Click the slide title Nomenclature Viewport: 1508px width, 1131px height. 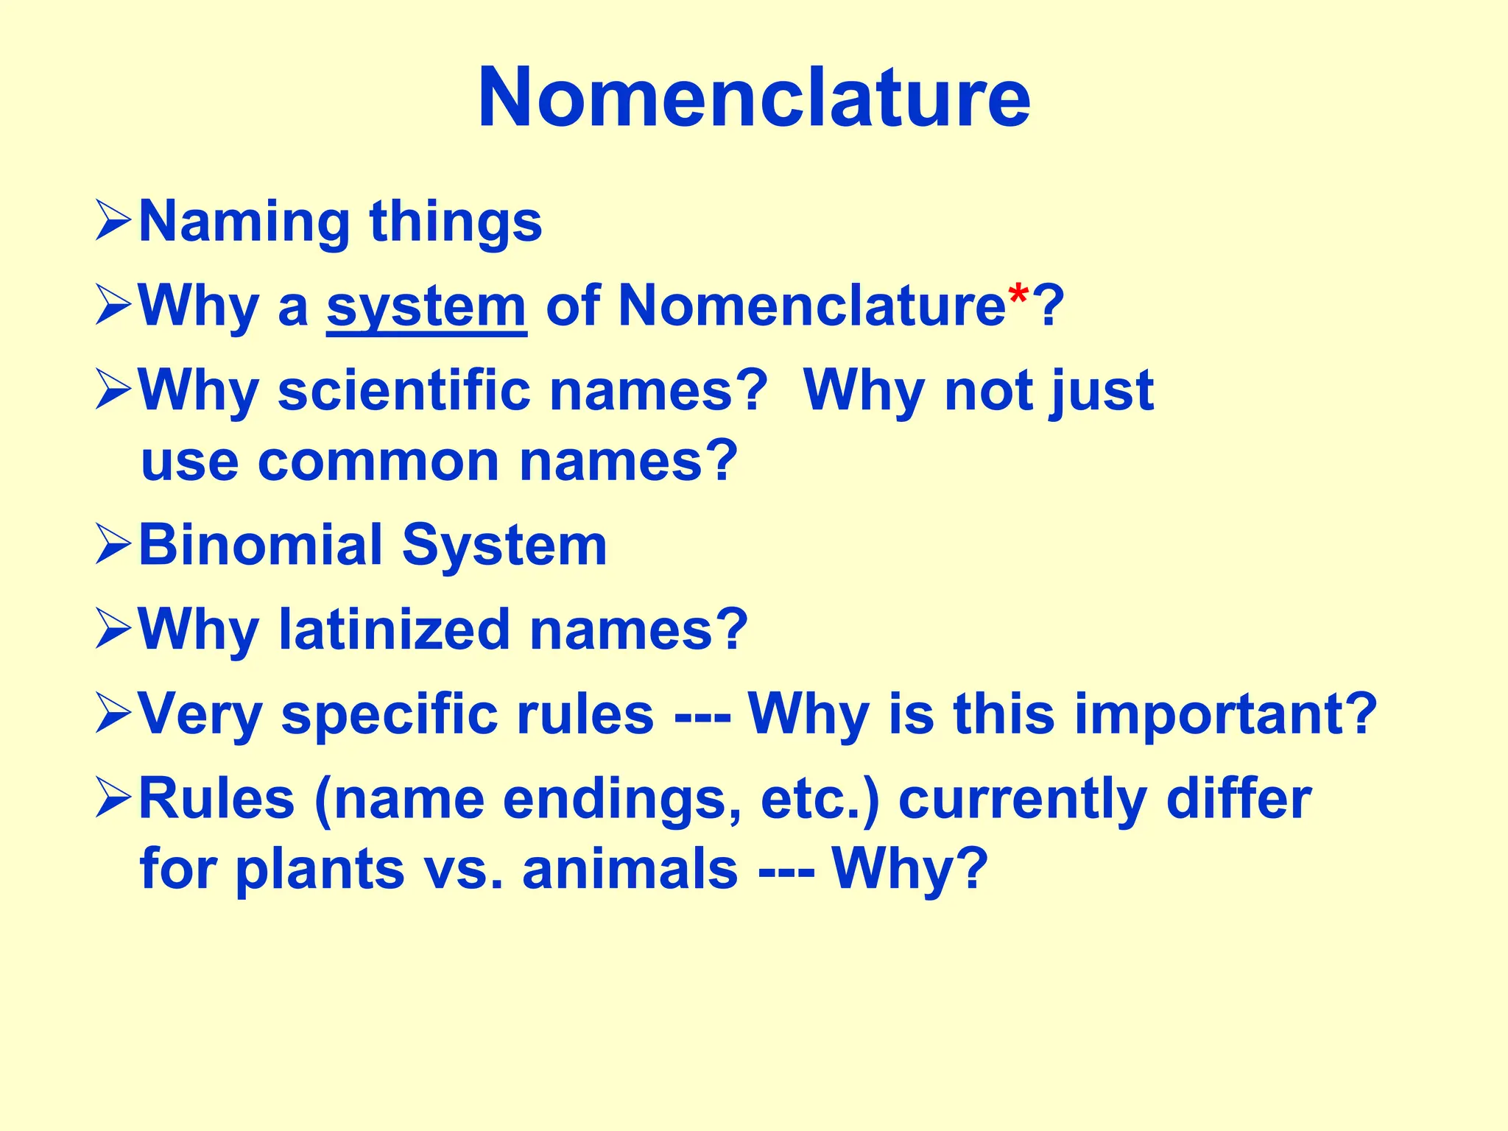[754, 98]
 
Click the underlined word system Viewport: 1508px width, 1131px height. [426, 306]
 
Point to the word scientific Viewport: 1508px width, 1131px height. [404, 390]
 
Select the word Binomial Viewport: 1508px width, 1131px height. [261, 545]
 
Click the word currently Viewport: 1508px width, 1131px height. [1022, 800]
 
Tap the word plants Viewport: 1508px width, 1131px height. [320, 869]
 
